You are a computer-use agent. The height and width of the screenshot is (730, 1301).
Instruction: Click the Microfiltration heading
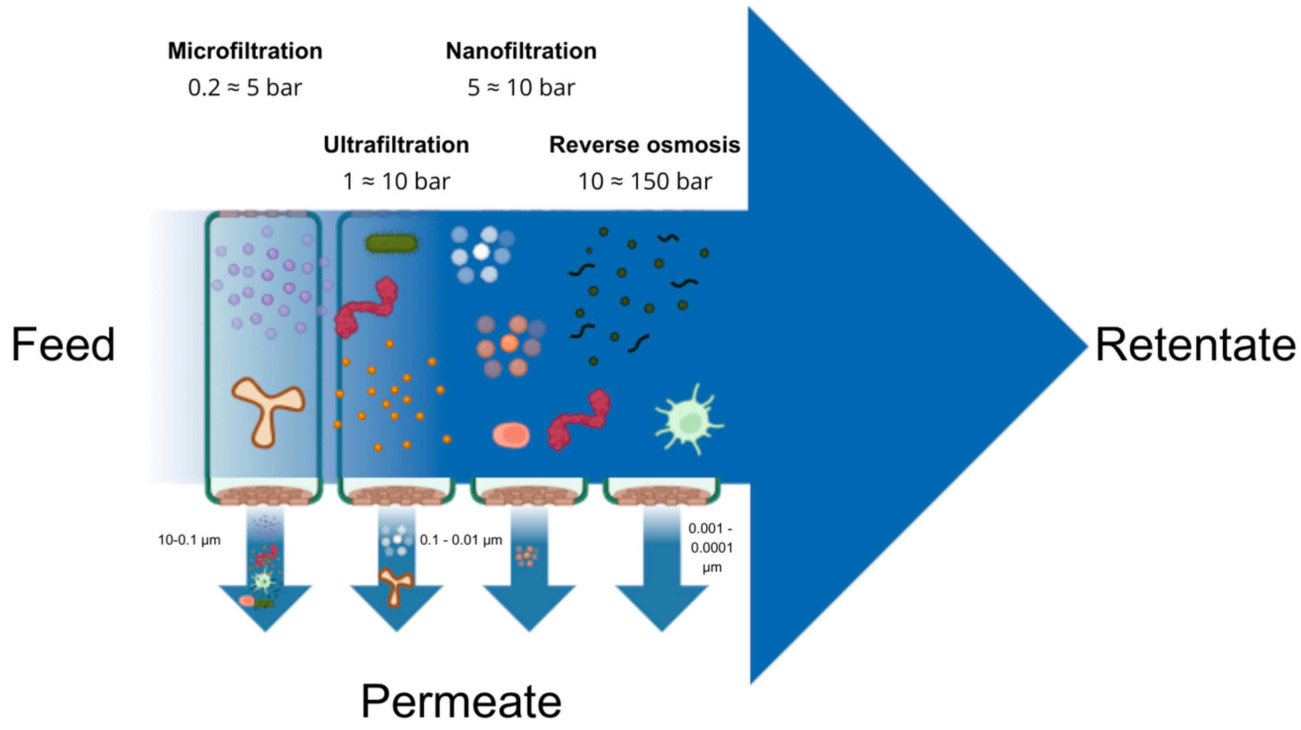(x=245, y=51)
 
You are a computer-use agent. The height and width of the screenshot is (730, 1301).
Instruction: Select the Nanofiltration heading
(x=520, y=51)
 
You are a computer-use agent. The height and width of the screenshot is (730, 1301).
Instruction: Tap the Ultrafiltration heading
(x=396, y=145)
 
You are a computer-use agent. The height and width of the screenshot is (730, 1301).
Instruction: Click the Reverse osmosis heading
(x=644, y=145)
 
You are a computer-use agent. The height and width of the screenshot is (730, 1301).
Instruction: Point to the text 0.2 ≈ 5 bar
(x=245, y=88)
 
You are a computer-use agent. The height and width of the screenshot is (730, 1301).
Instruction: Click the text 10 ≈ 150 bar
(x=645, y=181)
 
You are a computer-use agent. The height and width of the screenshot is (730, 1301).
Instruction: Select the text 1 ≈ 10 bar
(x=396, y=181)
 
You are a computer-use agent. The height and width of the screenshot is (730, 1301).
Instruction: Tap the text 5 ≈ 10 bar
(x=520, y=88)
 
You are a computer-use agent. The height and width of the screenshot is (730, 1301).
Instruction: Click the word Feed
(x=63, y=345)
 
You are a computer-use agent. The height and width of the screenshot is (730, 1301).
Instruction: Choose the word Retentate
(x=1195, y=345)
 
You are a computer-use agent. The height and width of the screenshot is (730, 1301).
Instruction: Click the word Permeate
(x=461, y=701)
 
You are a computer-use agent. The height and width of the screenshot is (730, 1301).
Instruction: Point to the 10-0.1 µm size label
(x=189, y=540)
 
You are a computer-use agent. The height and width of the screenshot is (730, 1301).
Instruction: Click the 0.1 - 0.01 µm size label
(x=461, y=540)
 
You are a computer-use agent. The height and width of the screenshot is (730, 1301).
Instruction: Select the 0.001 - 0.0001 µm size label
(x=711, y=548)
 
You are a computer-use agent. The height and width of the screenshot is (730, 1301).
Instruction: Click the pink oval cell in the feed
(x=511, y=435)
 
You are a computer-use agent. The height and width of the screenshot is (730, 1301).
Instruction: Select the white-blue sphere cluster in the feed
(x=481, y=254)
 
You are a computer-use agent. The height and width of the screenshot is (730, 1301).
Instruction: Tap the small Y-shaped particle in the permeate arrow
(x=395, y=585)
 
